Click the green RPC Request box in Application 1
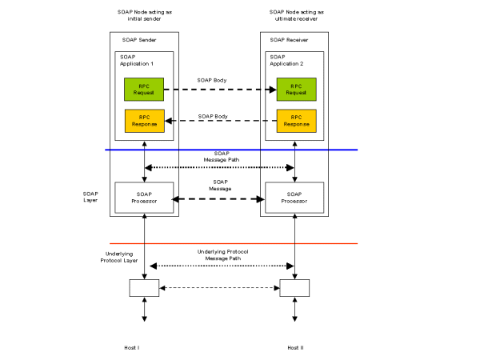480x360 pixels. coord(144,89)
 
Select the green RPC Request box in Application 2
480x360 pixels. coord(296,89)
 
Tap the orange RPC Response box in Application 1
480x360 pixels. coord(144,121)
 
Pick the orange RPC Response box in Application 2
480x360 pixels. coord(296,121)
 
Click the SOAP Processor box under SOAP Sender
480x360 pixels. coord(144,197)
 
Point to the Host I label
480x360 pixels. coord(133,347)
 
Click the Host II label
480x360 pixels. coord(295,347)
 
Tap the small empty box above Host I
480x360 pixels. coord(144,288)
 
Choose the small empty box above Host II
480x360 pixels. coord(294,288)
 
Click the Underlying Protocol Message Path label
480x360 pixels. coord(222,254)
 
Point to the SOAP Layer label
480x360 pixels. coord(90,196)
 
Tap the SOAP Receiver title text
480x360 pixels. coord(289,39)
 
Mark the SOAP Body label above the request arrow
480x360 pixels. coord(213,80)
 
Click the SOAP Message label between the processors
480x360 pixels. coord(220,185)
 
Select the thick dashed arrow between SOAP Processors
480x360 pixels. coord(220,198)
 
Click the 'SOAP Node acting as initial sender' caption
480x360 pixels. coord(145,16)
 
